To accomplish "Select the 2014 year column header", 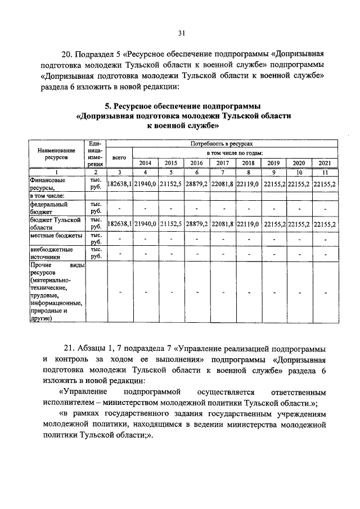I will point(145,163).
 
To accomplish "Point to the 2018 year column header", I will point(247,163).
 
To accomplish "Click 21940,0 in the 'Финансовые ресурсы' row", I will point(145,184).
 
